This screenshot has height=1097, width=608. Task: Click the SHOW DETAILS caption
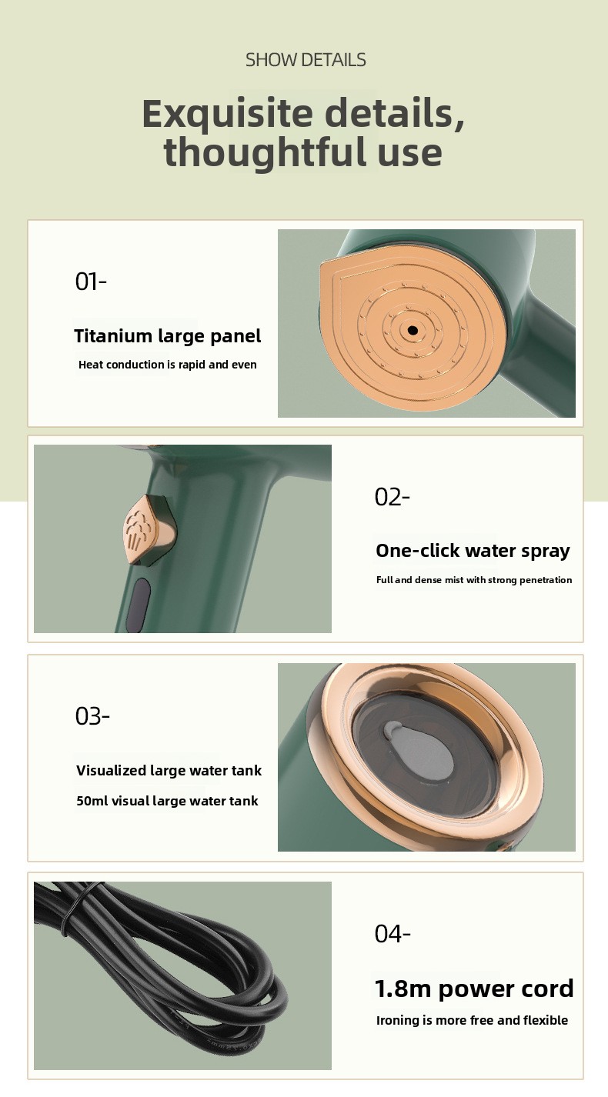click(x=306, y=60)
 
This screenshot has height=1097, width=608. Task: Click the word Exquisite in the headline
click(x=228, y=114)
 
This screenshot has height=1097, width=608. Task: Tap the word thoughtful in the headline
click(x=265, y=152)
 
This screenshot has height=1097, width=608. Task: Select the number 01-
click(x=91, y=282)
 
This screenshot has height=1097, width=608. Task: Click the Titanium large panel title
click(x=168, y=336)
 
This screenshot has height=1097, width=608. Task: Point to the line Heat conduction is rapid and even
click(x=168, y=365)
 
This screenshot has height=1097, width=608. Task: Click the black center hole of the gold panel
click(x=413, y=331)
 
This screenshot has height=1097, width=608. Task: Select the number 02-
click(x=392, y=497)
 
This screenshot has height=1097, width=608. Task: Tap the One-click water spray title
click(x=473, y=551)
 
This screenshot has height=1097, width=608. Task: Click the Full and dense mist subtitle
click(x=474, y=580)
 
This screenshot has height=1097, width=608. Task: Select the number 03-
click(x=92, y=716)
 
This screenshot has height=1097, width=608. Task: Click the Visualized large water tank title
click(x=169, y=770)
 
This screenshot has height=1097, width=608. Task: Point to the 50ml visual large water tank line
click(x=167, y=801)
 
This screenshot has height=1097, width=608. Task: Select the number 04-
click(x=393, y=933)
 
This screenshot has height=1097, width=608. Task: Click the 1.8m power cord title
click(x=474, y=989)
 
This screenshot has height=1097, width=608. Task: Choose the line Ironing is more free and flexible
click(x=472, y=1020)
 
